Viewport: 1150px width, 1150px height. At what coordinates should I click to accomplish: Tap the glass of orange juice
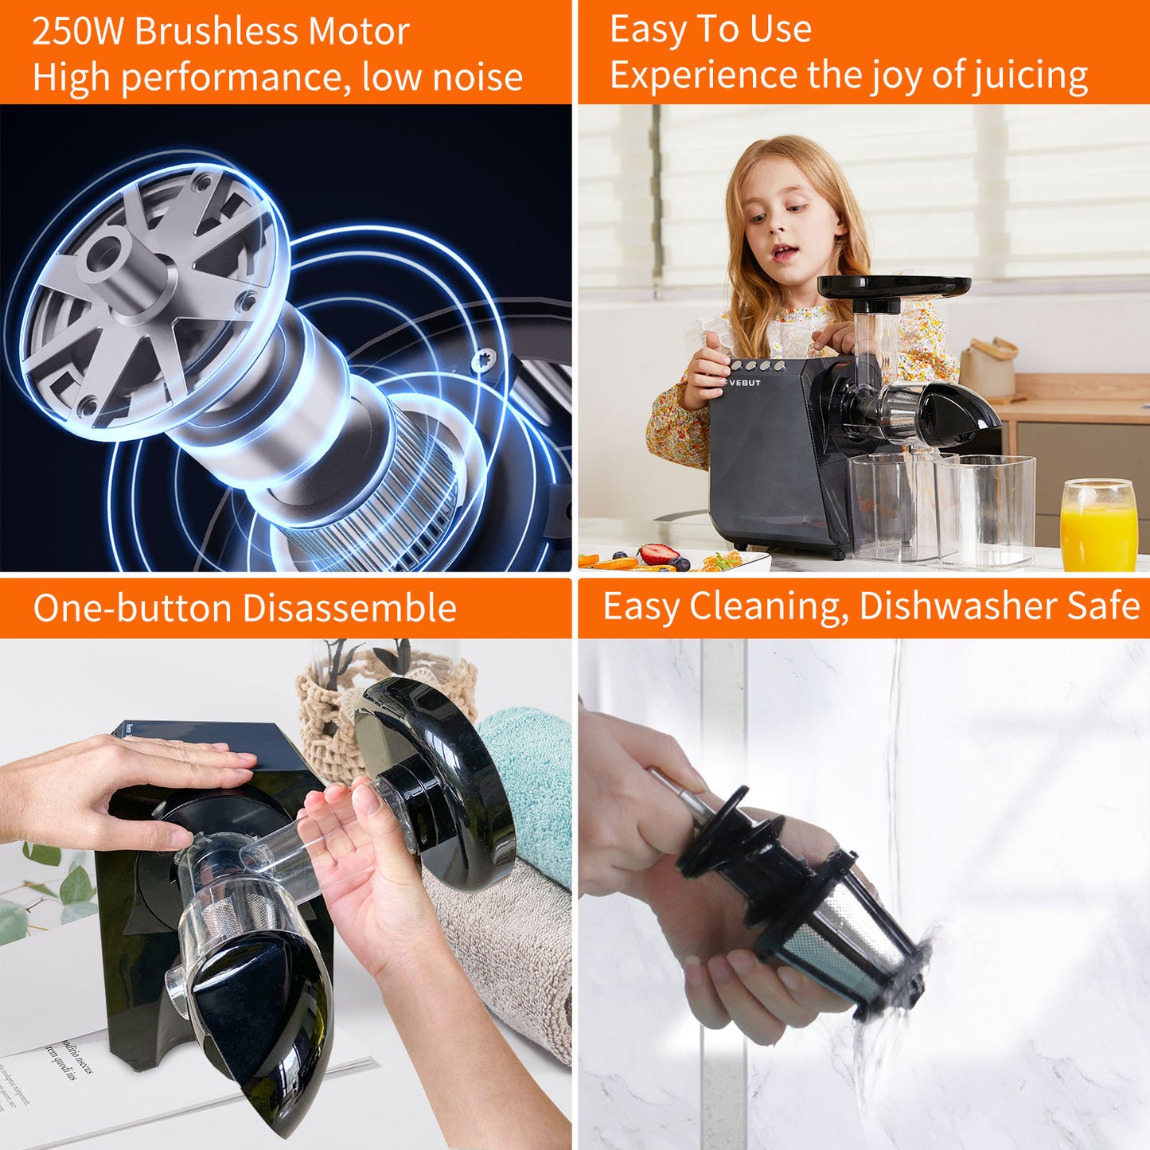point(1098,529)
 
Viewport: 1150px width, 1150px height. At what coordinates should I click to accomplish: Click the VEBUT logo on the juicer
point(745,383)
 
